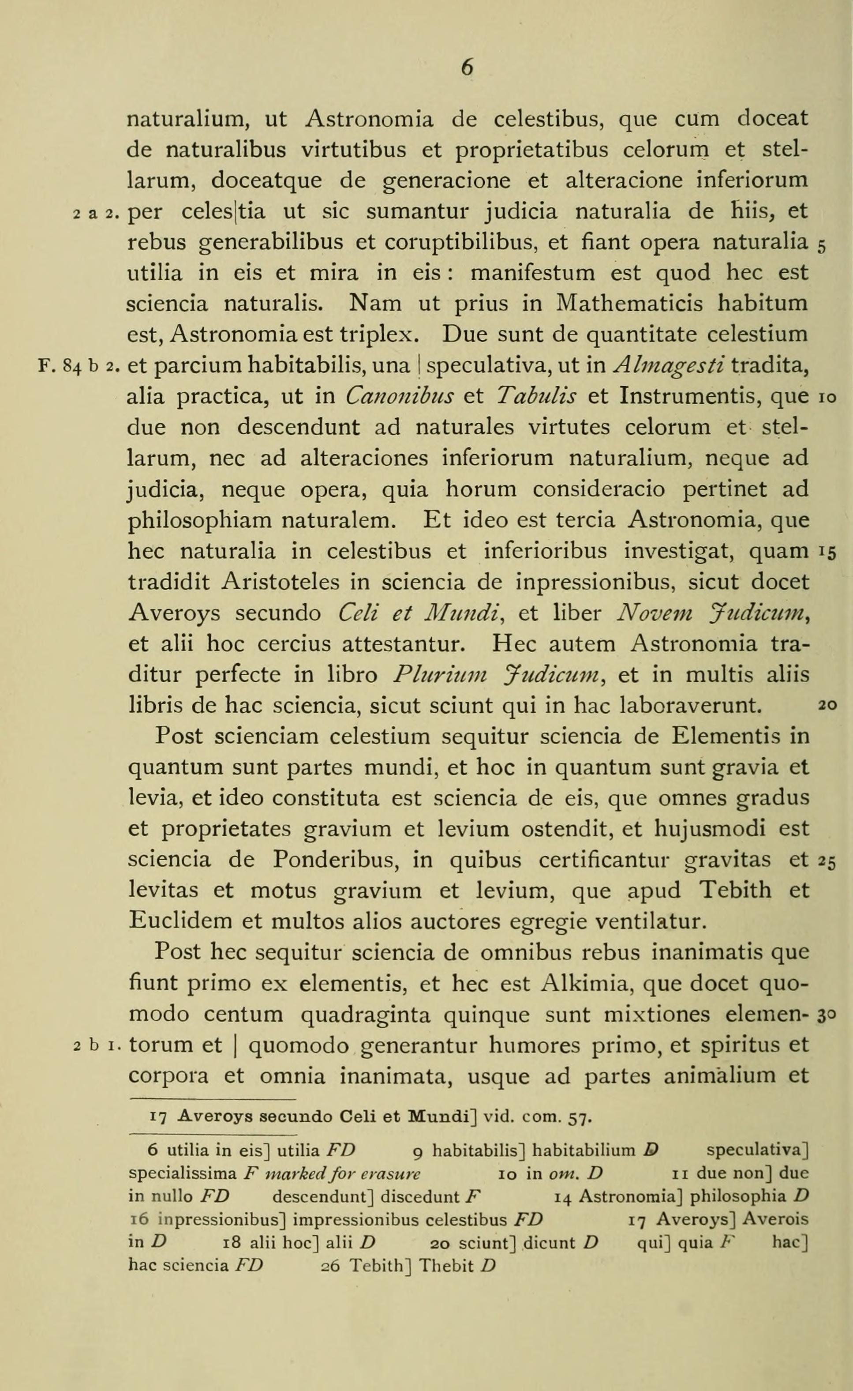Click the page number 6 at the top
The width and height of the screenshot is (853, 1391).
pos(467,68)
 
